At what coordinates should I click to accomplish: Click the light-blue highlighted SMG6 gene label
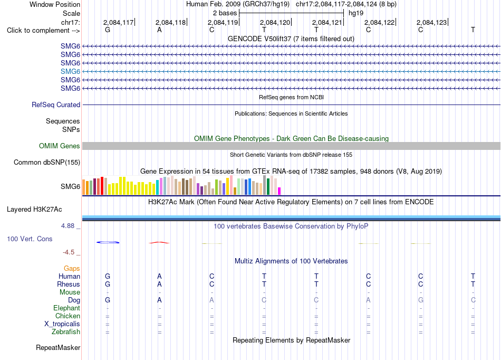coord(70,71)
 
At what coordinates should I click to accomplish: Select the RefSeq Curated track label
coord(56,105)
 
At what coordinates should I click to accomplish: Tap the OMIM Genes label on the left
coord(60,146)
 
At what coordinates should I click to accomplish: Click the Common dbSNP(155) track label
coord(47,162)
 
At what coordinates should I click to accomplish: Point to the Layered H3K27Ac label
coord(34,210)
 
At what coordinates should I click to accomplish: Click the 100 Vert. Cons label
coord(30,239)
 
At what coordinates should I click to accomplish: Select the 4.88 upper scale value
coord(68,226)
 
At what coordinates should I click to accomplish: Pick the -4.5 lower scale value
coord(69,252)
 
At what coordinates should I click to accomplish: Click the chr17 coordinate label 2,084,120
coord(275,22)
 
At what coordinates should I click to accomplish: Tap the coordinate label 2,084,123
coord(432,22)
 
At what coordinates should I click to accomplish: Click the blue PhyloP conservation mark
coord(108,242)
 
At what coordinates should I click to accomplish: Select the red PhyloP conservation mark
coord(159,243)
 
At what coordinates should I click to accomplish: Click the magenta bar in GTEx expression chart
coord(280,191)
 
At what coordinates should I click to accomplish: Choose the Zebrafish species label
coord(66,331)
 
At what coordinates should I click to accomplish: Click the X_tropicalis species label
coord(62,324)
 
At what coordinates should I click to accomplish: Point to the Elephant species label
coord(67,308)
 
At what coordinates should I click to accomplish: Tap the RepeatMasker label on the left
coord(58,347)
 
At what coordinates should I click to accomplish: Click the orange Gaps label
coord(72,268)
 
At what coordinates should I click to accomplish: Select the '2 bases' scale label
coord(225,13)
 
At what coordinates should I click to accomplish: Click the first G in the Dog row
coord(108,300)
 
